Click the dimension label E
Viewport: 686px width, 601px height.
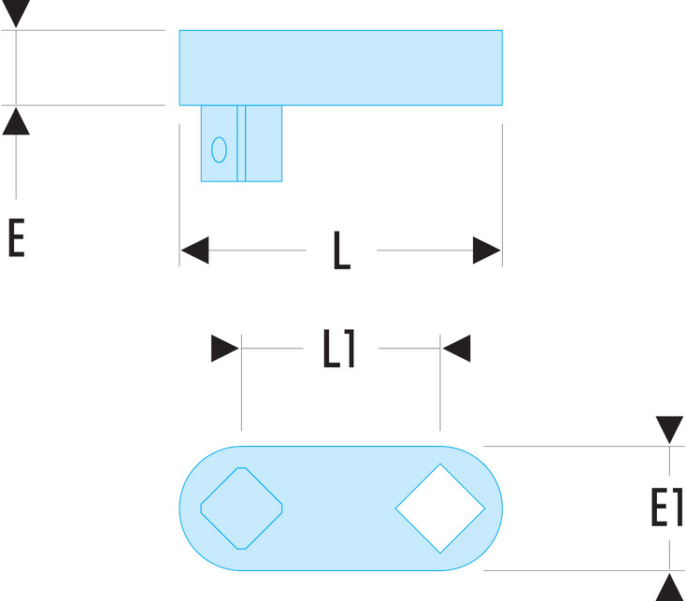(x=16, y=238)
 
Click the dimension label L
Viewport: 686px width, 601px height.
(x=342, y=250)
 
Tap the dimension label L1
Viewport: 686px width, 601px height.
(x=338, y=349)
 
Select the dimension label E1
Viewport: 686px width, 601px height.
(x=666, y=507)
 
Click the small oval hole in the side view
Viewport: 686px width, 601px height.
(x=220, y=150)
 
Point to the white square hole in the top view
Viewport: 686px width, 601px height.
(x=440, y=508)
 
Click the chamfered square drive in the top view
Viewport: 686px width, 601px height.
(x=241, y=508)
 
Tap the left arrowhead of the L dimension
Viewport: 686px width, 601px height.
(x=194, y=250)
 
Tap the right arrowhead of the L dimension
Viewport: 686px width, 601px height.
(x=487, y=250)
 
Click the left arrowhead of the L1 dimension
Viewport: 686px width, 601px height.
(x=225, y=349)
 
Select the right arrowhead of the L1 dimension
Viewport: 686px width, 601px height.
(x=456, y=349)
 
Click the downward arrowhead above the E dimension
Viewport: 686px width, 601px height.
(x=16, y=14)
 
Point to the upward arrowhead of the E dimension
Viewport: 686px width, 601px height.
(x=16, y=122)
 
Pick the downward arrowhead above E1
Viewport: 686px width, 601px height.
(x=669, y=430)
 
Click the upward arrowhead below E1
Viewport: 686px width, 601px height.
(x=669, y=587)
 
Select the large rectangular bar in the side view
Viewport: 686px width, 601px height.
(x=341, y=68)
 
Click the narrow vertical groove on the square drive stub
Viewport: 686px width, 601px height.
(x=241, y=143)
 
